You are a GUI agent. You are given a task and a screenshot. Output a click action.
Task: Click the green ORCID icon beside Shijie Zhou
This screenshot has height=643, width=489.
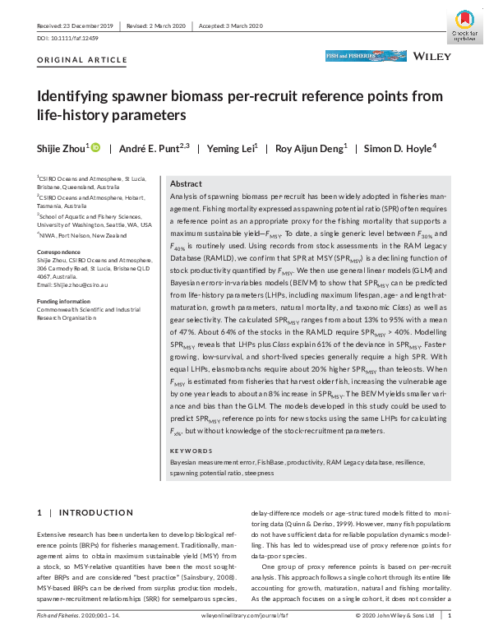(95, 147)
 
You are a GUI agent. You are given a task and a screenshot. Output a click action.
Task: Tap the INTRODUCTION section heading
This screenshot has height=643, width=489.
(81, 513)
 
